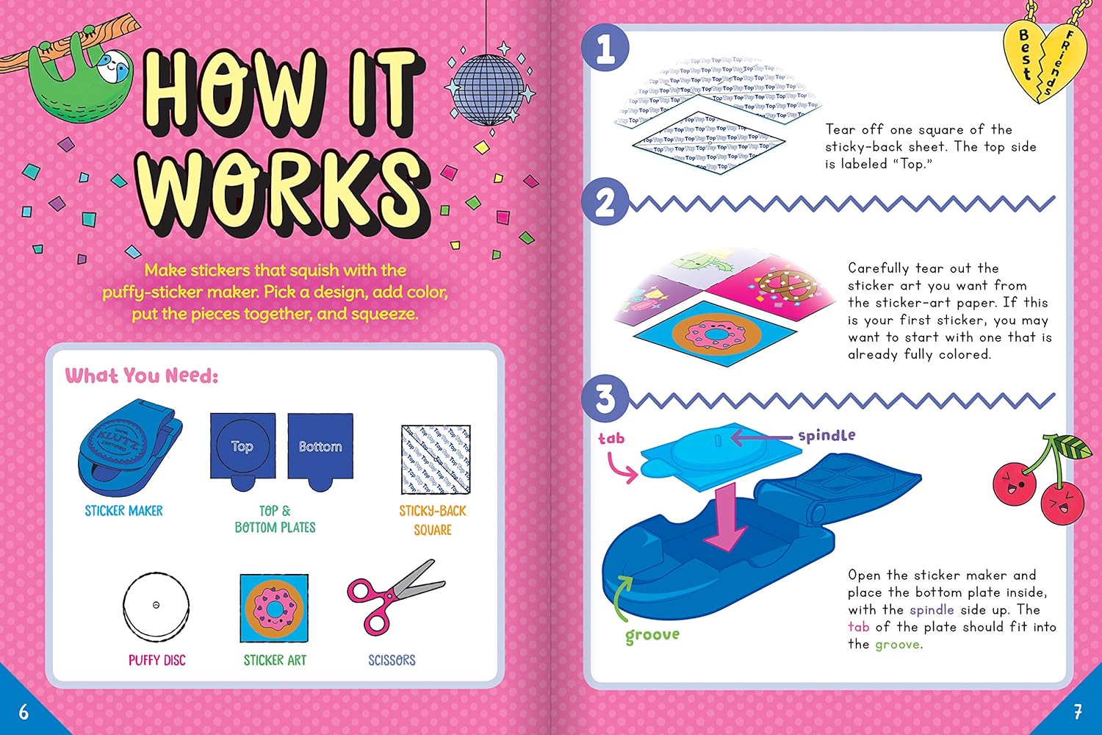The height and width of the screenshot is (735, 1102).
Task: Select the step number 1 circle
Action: coord(605,49)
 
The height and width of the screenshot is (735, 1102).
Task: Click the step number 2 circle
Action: coord(605,202)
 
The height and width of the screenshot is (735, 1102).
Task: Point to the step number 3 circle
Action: coord(605,399)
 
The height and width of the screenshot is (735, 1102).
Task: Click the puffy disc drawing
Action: coord(156,607)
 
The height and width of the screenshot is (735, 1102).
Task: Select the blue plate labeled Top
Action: coord(242,448)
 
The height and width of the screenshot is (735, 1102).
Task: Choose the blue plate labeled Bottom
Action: coord(320,448)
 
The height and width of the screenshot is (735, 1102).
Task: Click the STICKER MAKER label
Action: coord(123,511)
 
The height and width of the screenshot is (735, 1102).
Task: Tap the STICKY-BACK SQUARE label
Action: coord(433,520)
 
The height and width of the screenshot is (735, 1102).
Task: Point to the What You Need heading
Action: coord(142,376)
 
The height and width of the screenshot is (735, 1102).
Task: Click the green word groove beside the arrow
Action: coord(652,636)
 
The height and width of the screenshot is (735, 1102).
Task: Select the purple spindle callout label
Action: coord(826,435)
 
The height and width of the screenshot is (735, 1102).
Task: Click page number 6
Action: coord(24,711)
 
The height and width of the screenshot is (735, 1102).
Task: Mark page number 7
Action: coord(1077,711)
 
